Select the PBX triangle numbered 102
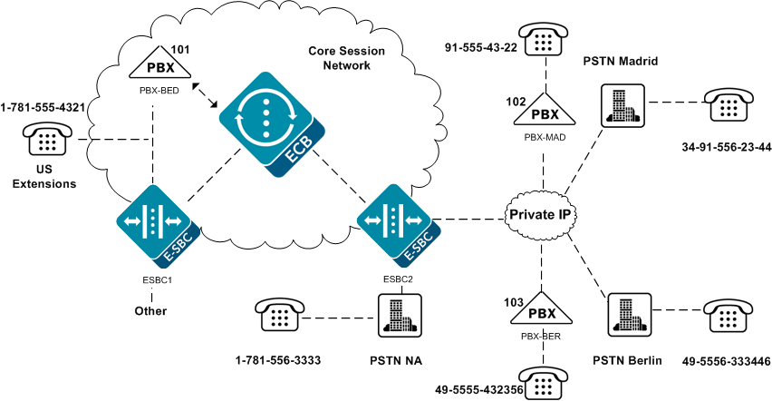tap(545, 112)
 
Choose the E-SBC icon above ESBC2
tap(393, 224)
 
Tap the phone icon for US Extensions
tap(45, 142)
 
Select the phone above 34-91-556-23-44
tap(728, 104)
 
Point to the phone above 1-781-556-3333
tap(279, 316)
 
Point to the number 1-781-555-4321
tap(43, 107)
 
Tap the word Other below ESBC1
tap(150, 311)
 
